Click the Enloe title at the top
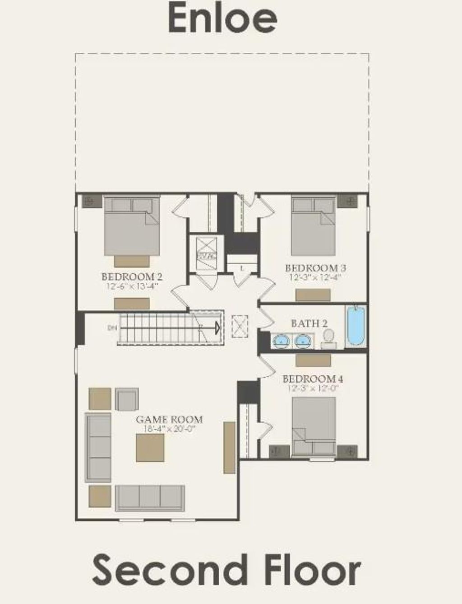[222, 18]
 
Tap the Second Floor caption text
[226, 570]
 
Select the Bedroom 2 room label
[132, 276]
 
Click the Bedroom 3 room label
[315, 268]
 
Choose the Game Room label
[169, 419]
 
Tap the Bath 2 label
[309, 323]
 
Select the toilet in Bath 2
[328, 337]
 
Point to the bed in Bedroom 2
[132, 226]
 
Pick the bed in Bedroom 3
[313, 226]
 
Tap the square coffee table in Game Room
[150, 448]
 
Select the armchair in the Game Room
[127, 399]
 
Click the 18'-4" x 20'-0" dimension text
[169, 429]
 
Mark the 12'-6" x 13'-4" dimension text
[132, 286]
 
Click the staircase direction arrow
[218, 327]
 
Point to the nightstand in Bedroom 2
[89, 201]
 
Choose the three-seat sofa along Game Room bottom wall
[150, 498]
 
